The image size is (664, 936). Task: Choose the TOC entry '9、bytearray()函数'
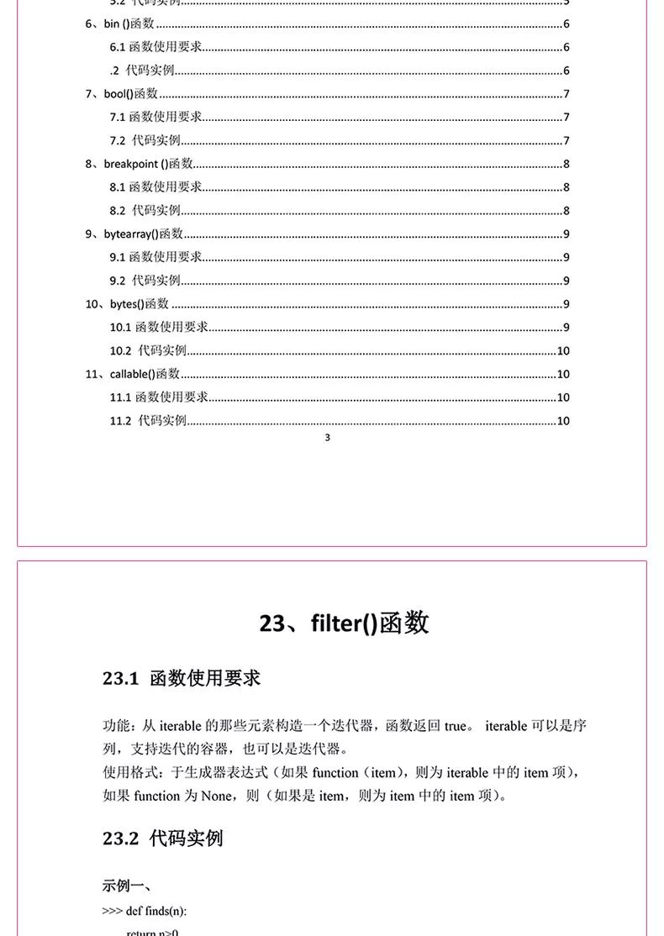pyautogui.click(x=134, y=234)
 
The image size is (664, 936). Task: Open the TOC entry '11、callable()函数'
pyautogui.click(x=133, y=374)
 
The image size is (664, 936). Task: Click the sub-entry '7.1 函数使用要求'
pyautogui.click(x=155, y=117)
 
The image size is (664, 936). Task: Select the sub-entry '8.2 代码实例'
pyautogui.click(x=145, y=210)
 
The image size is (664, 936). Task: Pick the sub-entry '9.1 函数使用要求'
pyautogui.click(x=155, y=257)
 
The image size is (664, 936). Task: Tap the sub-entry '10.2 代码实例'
pyautogui.click(x=148, y=350)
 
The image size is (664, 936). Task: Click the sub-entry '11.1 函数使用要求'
pyautogui.click(x=159, y=397)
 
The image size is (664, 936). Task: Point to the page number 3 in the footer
pyautogui.click(x=327, y=438)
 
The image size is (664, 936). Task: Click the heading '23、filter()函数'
pyautogui.click(x=344, y=623)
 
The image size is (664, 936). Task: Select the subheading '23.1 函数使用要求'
pyautogui.click(x=182, y=678)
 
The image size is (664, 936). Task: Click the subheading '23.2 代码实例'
pyautogui.click(x=163, y=838)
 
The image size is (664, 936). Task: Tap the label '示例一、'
pyautogui.click(x=127, y=886)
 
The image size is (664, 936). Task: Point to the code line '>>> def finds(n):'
pyautogui.click(x=144, y=911)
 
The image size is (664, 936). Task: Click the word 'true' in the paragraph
pyautogui.click(x=456, y=726)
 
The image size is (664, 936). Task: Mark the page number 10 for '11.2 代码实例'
pyautogui.click(x=563, y=421)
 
